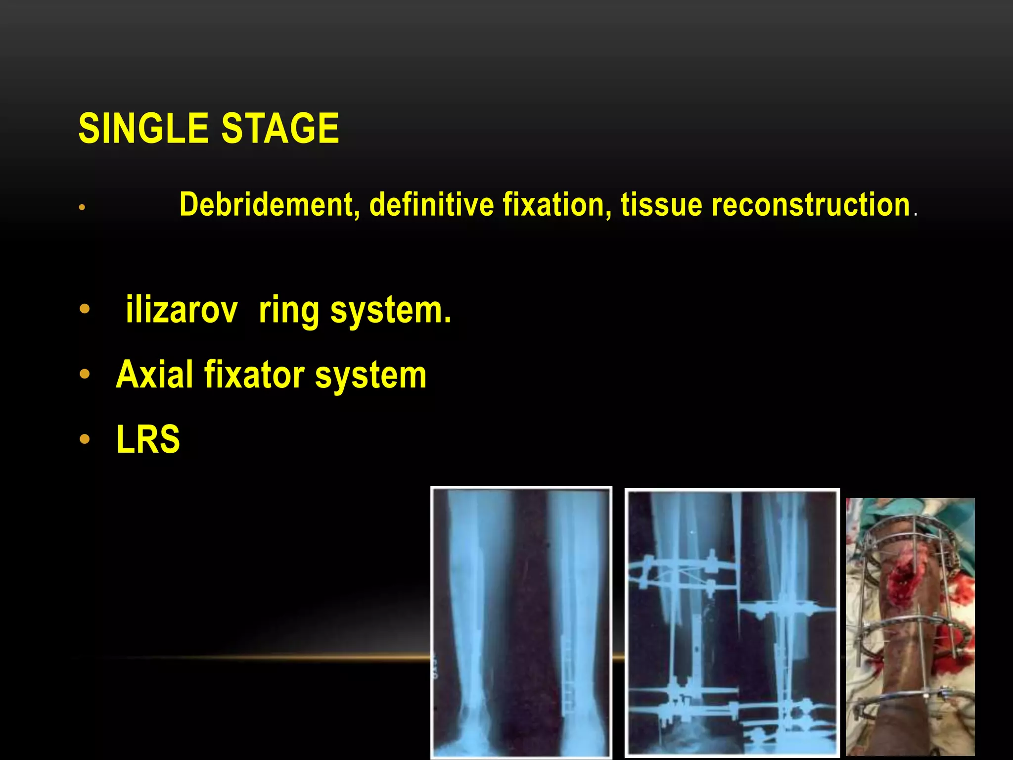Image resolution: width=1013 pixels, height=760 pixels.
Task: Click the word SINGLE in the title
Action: [143, 128]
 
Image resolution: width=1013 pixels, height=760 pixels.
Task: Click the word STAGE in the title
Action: [280, 128]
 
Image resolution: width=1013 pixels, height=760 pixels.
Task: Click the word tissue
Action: [661, 204]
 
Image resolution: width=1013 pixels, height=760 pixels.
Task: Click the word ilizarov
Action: [182, 310]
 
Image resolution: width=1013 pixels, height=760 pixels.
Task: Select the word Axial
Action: [154, 375]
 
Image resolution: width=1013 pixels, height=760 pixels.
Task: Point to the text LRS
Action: [148, 439]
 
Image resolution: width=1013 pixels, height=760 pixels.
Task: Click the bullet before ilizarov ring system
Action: [85, 309]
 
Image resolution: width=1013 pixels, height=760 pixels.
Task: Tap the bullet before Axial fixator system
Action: [85, 375]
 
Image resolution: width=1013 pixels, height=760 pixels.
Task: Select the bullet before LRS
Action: [85, 439]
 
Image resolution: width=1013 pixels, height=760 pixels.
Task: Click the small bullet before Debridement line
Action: [82, 208]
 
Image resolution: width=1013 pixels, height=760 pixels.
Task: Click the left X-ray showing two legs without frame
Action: [521, 622]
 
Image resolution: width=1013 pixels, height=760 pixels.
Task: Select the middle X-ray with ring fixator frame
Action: [732, 622]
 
